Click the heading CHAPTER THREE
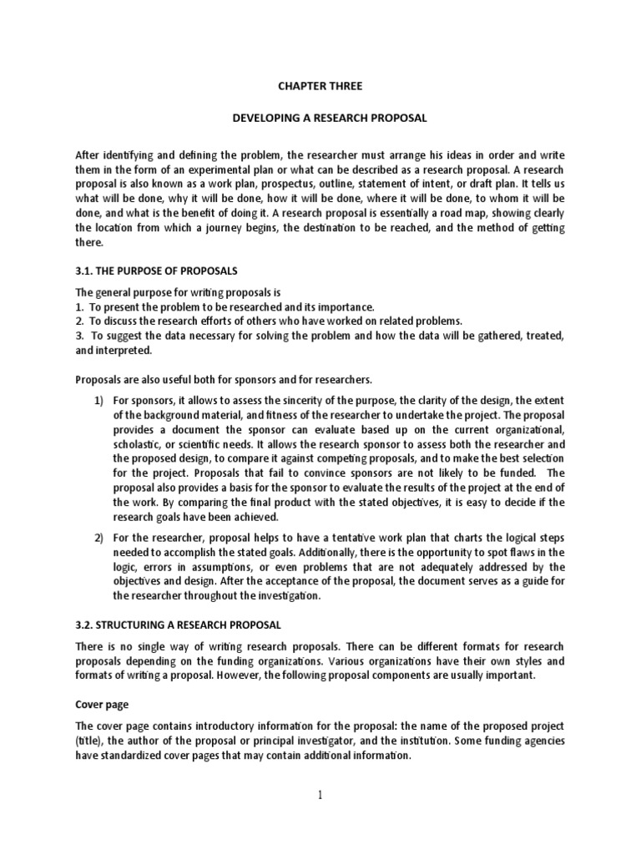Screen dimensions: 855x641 tap(320, 85)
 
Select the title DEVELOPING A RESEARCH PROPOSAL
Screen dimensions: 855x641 tap(329, 119)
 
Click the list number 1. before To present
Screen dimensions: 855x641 tap(80, 307)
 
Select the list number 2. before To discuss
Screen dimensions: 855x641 tap(80, 321)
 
